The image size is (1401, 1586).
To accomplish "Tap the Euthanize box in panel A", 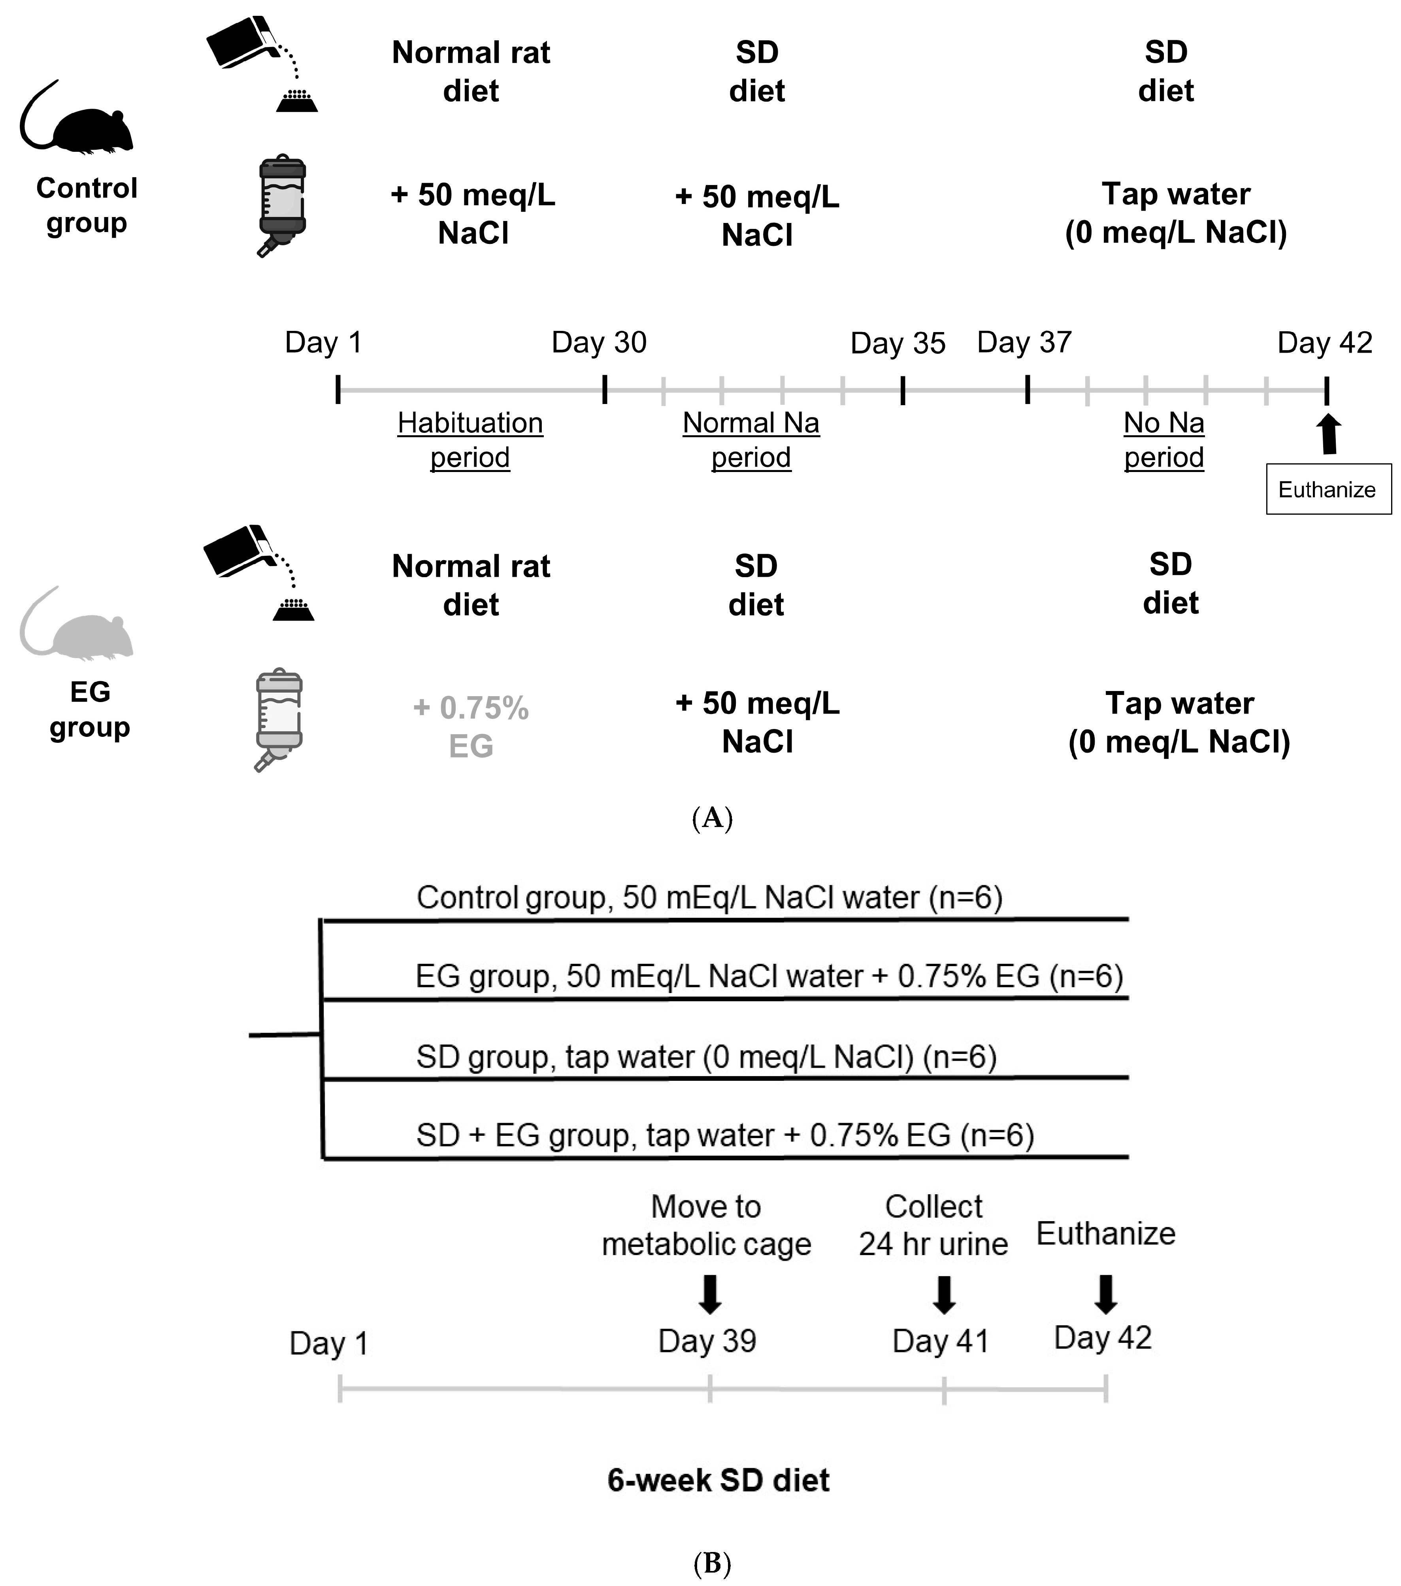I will (1327, 490).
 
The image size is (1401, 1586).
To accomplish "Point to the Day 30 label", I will (599, 342).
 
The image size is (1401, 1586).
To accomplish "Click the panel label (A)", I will (711, 818).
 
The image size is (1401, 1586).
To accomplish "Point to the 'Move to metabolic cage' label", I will (706, 1225).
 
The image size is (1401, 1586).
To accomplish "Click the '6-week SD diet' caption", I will (718, 1480).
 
